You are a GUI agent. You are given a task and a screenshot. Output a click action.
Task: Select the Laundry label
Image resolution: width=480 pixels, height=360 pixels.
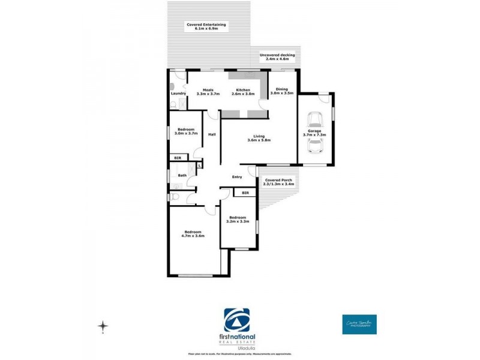point(178,94)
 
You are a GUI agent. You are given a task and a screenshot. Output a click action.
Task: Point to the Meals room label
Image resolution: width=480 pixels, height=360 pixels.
point(208,90)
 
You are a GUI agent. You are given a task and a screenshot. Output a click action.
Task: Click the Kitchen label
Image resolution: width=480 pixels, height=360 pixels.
point(242,90)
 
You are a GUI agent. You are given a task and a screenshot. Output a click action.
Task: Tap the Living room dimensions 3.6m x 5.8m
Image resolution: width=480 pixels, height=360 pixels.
point(259,140)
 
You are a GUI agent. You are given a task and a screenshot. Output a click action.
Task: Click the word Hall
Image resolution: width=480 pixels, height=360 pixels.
point(212,134)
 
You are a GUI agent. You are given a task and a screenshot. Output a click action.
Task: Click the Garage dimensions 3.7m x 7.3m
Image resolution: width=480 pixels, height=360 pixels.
point(316,135)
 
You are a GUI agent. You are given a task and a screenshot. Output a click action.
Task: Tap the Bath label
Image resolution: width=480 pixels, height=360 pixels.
point(182,175)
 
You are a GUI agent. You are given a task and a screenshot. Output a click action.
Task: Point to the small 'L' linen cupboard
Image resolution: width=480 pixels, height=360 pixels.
point(200,164)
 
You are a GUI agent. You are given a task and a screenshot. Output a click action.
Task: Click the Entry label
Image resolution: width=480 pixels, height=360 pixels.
point(238,176)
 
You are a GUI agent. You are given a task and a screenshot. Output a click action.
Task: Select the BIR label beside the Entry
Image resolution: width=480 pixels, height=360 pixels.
point(245,193)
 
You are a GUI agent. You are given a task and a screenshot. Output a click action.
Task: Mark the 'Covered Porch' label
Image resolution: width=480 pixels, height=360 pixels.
point(278,179)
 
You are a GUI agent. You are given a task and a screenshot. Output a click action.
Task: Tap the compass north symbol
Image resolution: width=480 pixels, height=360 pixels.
point(103,326)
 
